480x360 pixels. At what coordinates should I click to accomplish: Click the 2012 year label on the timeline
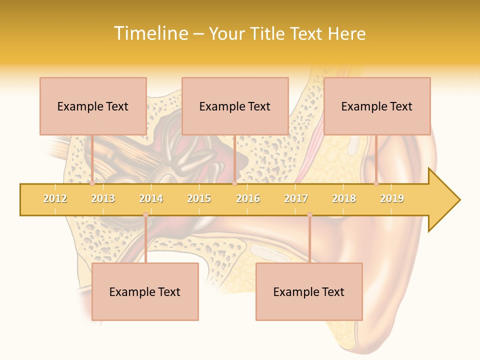[x=55, y=198]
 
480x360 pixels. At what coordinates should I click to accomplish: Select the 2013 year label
[x=103, y=198]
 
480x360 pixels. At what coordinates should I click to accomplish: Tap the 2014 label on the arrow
[x=151, y=198]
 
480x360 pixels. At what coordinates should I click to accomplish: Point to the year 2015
[x=199, y=198]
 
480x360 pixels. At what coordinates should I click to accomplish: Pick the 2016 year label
[x=248, y=198]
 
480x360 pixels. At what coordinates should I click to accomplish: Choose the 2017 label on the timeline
[x=296, y=198]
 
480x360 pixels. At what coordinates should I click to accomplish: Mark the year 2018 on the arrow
[x=344, y=198]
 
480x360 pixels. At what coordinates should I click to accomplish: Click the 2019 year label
[x=392, y=198]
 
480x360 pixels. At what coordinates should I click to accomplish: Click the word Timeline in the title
[x=150, y=33]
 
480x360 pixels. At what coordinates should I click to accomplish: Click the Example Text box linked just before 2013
[x=93, y=106]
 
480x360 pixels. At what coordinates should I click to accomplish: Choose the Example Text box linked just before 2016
[x=235, y=106]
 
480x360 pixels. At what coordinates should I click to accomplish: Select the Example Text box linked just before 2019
[x=377, y=106]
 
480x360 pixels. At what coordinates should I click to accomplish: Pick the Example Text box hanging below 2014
[x=145, y=291]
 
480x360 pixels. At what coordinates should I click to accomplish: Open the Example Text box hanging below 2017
[x=309, y=291]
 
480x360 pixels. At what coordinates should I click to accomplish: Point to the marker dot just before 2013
[x=92, y=183]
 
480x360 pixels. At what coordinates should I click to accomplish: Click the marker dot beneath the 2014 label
[x=145, y=215]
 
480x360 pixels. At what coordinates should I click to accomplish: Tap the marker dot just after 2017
[x=309, y=215]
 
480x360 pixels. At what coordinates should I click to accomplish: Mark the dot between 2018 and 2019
[x=376, y=183]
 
